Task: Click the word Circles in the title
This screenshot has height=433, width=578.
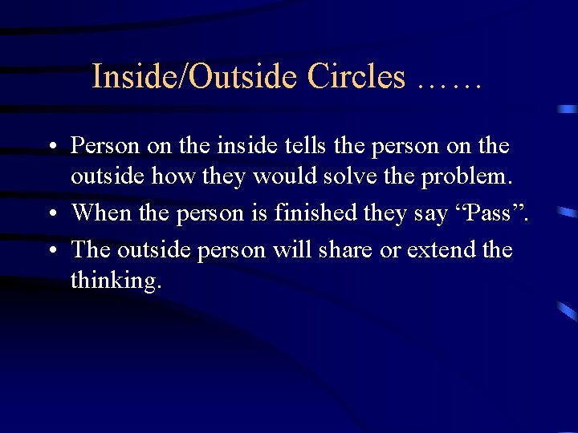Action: pyautogui.click(x=356, y=77)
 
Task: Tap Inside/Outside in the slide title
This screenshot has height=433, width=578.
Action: pyautogui.click(x=195, y=77)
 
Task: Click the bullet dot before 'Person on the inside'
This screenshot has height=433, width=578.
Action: pyautogui.click(x=50, y=147)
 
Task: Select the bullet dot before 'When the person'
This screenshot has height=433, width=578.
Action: pyautogui.click(x=50, y=213)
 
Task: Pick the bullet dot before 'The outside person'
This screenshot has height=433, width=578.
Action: pyautogui.click(x=50, y=250)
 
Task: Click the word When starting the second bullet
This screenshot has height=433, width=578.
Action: pyautogui.click(x=100, y=212)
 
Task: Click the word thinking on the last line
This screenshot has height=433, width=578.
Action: pyautogui.click(x=116, y=280)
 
